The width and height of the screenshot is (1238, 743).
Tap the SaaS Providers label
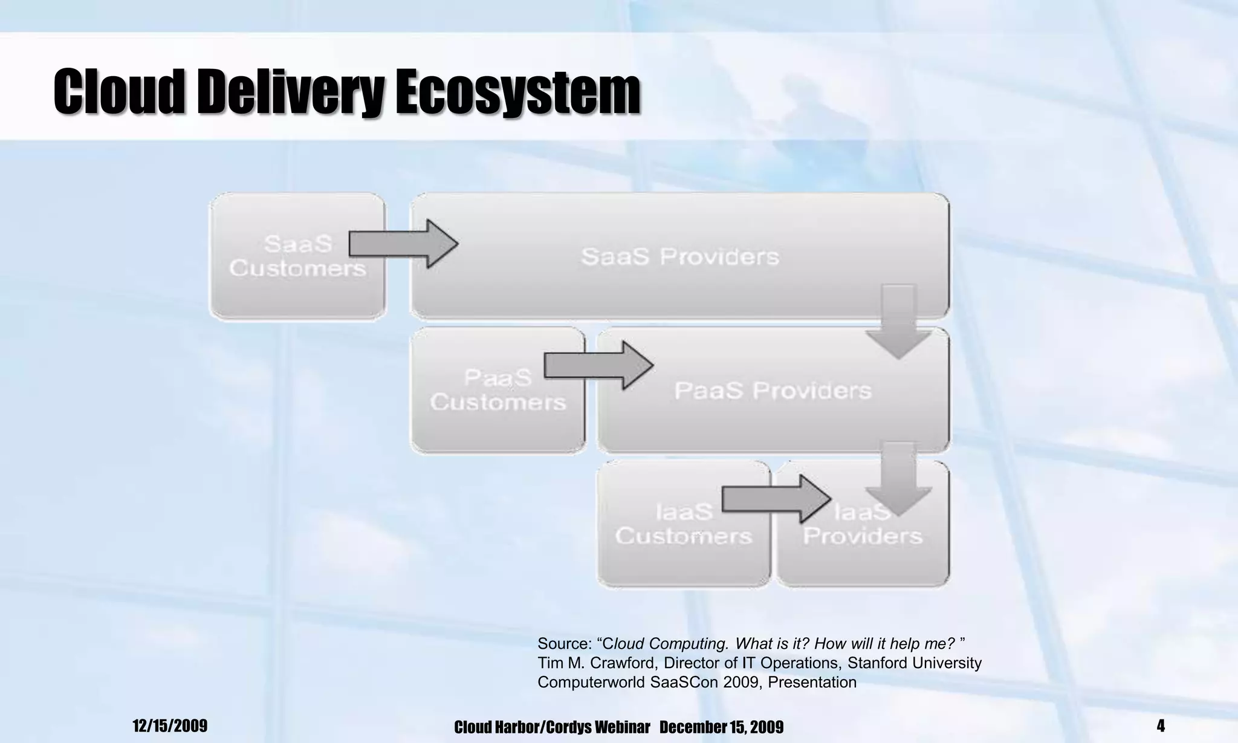[679, 257]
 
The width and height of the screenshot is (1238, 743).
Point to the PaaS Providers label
[773, 391]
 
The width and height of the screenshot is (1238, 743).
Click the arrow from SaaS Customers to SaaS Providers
[403, 244]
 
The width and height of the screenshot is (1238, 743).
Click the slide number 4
[1160, 725]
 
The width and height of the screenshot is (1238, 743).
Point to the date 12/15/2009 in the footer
[170, 725]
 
